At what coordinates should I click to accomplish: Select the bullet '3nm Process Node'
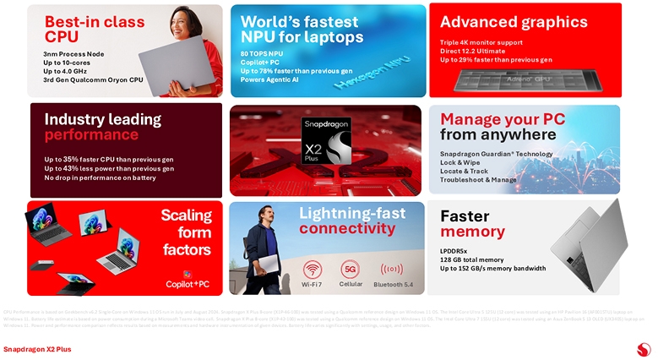coord(73,54)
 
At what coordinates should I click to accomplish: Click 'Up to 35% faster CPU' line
coord(109,159)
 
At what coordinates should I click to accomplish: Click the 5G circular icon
coord(351,270)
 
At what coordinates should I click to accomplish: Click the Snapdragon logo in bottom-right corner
coord(644,348)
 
